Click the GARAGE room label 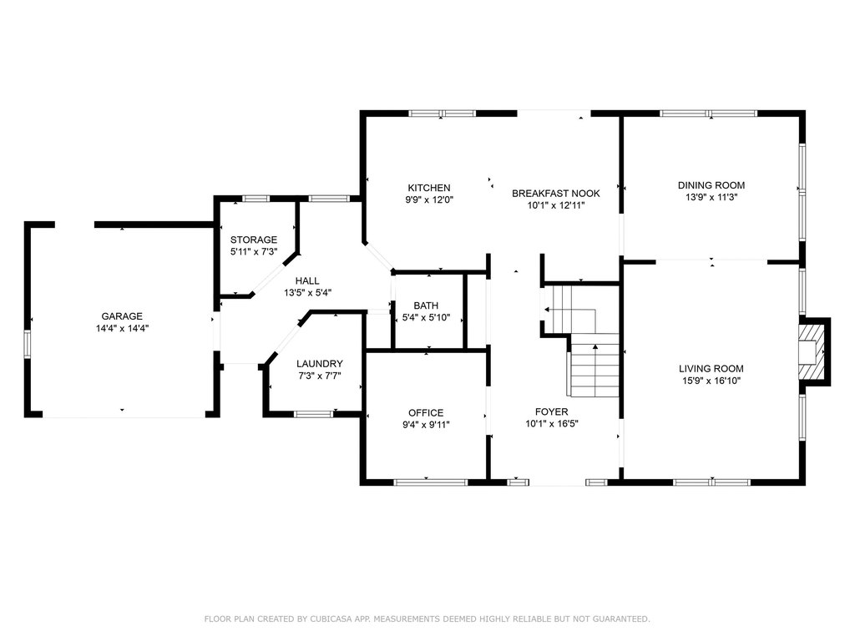point(122,316)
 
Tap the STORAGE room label point(254,240)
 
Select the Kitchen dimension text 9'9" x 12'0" point(429,200)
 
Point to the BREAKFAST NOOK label point(555,194)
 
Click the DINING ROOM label point(711,185)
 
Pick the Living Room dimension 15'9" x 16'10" point(711,381)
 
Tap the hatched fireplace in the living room point(812,351)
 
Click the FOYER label point(551,412)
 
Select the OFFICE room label point(426,413)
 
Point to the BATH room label point(426,305)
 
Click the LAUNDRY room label point(320,364)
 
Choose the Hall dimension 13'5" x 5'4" point(307,293)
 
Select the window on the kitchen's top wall point(443,114)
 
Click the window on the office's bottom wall point(431,482)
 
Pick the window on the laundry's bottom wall point(314,414)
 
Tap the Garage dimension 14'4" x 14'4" point(122,329)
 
